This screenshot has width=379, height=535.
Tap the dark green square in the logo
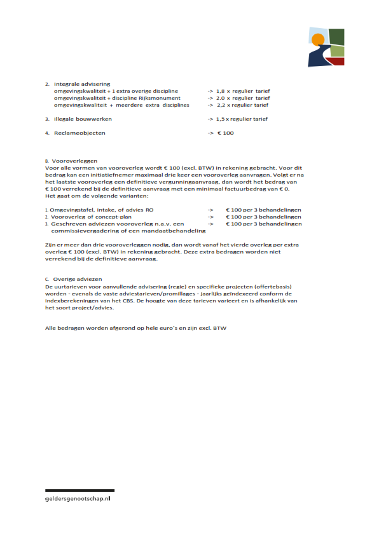(336, 36)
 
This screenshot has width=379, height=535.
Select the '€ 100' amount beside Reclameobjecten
(225, 133)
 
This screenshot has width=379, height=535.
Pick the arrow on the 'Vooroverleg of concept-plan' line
(210, 217)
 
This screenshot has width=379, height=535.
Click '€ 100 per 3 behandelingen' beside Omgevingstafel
(263, 209)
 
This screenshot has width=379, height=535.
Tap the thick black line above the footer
(79, 491)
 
